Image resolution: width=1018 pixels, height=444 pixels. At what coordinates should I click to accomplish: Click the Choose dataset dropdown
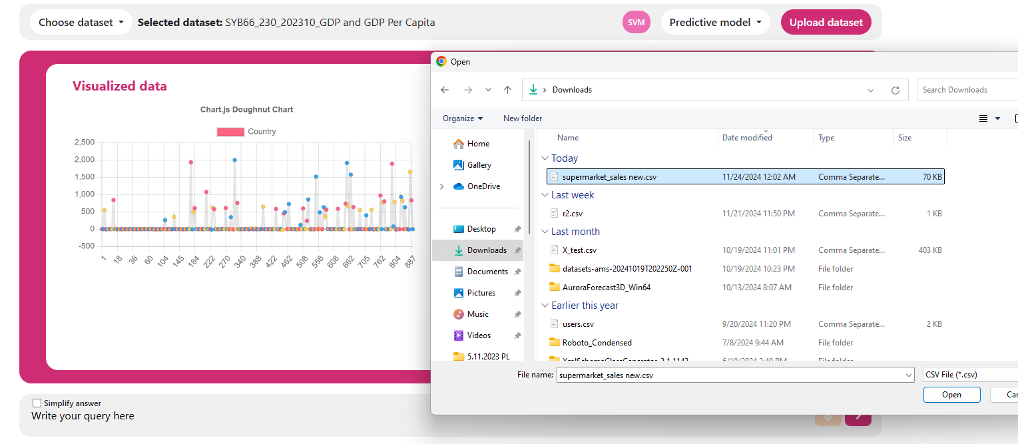click(x=81, y=22)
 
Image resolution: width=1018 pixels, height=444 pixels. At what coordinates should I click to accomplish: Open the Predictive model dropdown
click(x=715, y=22)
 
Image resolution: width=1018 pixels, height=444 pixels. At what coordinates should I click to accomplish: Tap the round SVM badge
click(x=636, y=22)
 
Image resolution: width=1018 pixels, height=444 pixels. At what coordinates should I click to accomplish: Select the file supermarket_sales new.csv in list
click(x=609, y=177)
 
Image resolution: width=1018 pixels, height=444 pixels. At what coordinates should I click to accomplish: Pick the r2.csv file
click(x=572, y=214)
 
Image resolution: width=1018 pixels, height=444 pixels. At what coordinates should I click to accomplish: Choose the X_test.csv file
click(x=579, y=250)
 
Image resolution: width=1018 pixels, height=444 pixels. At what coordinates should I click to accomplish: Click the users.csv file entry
click(x=577, y=324)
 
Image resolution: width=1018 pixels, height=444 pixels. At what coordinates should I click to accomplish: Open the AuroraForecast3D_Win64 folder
click(x=606, y=288)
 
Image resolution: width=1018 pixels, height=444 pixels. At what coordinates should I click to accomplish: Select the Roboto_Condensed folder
click(x=597, y=343)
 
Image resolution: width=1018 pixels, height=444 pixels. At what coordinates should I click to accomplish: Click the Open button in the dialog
click(x=951, y=395)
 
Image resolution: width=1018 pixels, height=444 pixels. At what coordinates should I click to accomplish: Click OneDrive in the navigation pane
click(x=483, y=186)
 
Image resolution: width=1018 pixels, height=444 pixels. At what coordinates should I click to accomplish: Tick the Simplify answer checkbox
click(x=37, y=403)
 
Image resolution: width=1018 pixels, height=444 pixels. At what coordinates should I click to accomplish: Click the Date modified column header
click(x=747, y=138)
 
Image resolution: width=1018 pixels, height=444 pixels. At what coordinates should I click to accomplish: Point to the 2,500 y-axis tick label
click(x=84, y=142)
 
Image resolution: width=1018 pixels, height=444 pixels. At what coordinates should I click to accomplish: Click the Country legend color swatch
click(x=230, y=132)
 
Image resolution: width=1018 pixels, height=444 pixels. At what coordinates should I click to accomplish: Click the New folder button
click(x=523, y=118)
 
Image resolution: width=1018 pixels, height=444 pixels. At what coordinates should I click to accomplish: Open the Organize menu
click(x=463, y=118)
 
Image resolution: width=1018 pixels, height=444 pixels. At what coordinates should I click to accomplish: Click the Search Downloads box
click(x=965, y=90)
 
